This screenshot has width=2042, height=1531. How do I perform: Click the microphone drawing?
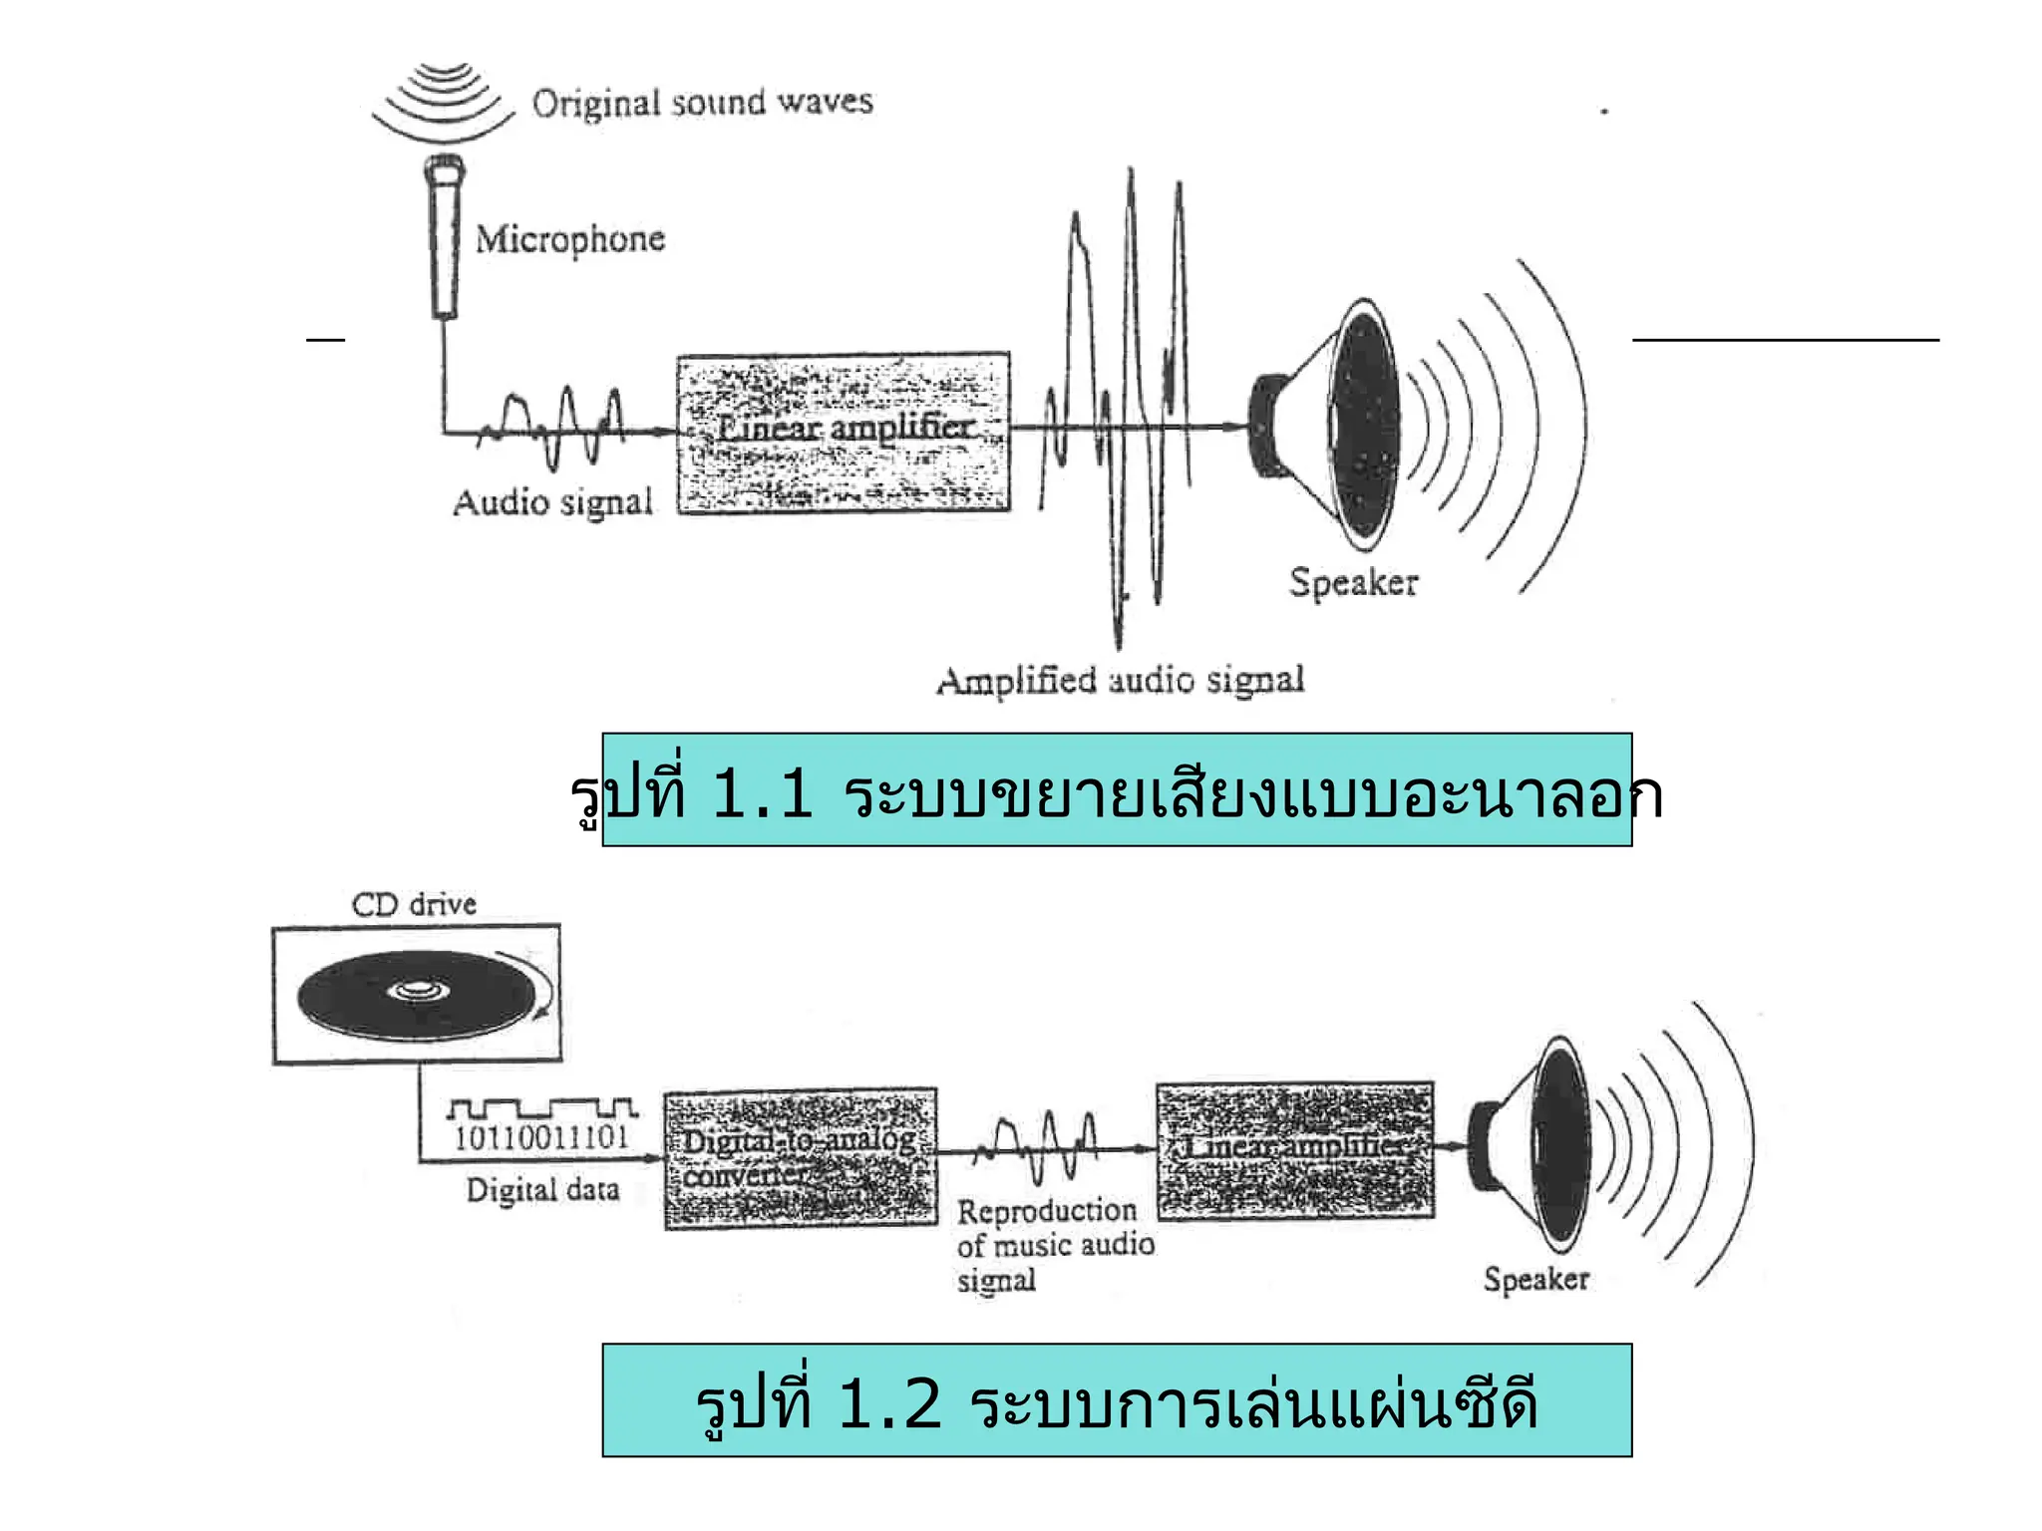click(445, 239)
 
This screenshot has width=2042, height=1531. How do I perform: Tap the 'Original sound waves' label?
click(702, 103)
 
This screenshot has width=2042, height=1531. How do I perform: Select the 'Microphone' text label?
click(569, 239)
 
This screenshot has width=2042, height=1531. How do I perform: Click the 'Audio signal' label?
click(552, 502)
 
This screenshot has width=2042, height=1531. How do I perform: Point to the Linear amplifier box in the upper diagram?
click(844, 432)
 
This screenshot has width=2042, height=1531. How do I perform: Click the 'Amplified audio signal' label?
click(1120, 681)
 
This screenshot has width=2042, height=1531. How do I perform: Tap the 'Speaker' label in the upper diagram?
click(1353, 582)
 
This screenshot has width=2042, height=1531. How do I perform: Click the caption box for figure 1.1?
click(1117, 790)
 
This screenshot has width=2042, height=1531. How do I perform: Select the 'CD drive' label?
click(414, 905)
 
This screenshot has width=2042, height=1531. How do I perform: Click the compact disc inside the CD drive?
click(417, 995)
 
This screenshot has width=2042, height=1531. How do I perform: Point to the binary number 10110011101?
click(541, 1137)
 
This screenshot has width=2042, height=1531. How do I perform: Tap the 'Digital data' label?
click(542, 1190)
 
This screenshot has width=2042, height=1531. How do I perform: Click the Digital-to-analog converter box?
click(801, 1158)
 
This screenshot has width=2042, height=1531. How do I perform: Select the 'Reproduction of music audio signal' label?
click(1055, 1245)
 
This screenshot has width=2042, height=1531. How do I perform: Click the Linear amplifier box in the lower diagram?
click(1295, 1150)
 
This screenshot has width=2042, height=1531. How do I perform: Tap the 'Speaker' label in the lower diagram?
click(1535, 1279)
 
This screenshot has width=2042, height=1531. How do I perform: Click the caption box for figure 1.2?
click(1117, 1400)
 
